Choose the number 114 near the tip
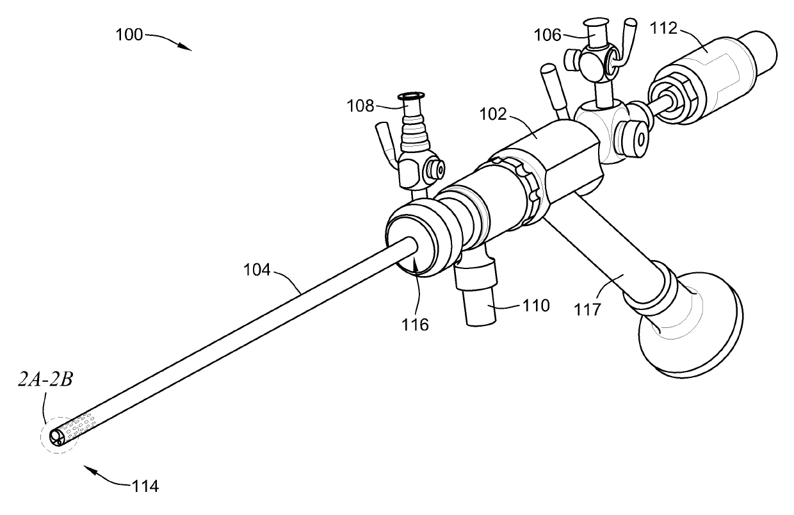pyautogui.click(x=145, y=486)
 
